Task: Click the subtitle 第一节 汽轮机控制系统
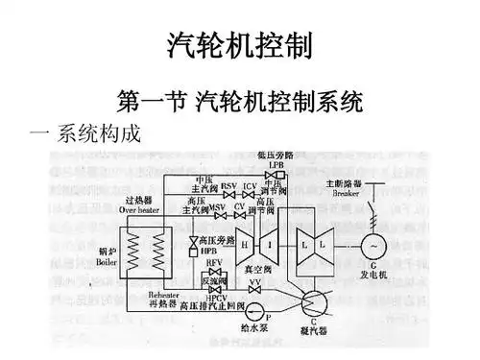239,99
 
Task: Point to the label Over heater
140,208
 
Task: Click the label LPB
277,164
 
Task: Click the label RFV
214,262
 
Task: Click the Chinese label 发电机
372,274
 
